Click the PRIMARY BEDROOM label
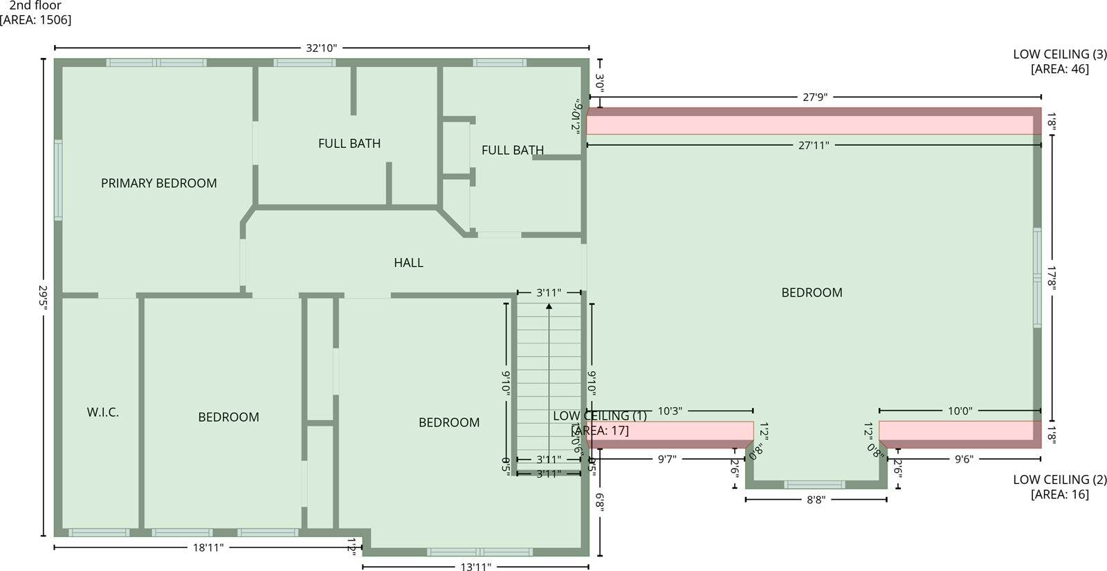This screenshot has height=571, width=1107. coord(158,183)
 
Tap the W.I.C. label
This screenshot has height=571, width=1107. coord(102,413)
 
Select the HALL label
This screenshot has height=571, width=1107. coord(408,263)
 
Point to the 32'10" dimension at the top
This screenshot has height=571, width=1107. coord(321,48)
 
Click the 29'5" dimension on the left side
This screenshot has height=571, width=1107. coord(44,297)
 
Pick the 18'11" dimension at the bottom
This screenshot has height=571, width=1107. coord(208,547)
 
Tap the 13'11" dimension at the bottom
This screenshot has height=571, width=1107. coord(475,567)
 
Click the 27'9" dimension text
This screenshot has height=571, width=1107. coord(815,97)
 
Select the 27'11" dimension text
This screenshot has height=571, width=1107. coord(813,145)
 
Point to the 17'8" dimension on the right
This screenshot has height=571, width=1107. coord(1052,279)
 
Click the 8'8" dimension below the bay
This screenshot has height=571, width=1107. coord(816,499)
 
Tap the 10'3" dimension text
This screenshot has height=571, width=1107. coord(669,411)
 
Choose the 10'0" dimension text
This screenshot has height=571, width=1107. coord(960,411)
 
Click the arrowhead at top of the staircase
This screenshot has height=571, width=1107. coord(549,306)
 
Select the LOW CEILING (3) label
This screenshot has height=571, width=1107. coord(1060,55)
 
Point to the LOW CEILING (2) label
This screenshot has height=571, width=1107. coord(1060,480)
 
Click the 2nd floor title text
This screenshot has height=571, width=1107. coord(35,6)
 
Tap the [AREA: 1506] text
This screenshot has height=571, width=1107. coord(35,19)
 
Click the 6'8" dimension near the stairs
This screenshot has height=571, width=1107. coord(600,503)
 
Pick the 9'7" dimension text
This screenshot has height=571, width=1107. coord(666,459)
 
